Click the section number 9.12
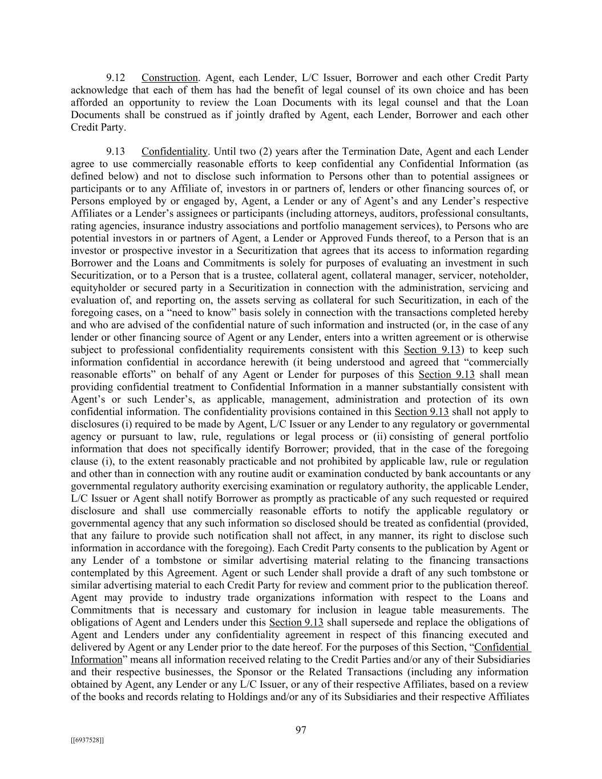tap(116, 78)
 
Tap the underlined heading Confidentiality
tap(174, 152)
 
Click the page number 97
tap(301, 730)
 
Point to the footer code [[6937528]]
tap(87, 740)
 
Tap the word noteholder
tap(504, 276)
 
